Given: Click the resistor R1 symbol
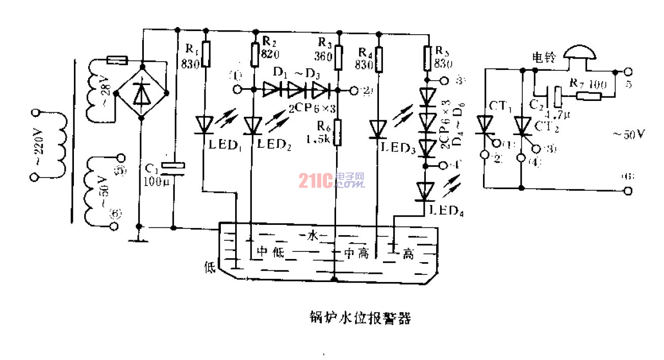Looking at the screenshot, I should tap(206, 55).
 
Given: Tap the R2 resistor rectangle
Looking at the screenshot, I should tap(255, 55).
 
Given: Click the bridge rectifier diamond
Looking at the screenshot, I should tap(141, 93).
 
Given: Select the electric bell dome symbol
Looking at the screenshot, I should tap(580, 53).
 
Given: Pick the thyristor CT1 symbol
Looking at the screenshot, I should tap(483, 125).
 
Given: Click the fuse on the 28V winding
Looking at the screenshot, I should tap(118, 61).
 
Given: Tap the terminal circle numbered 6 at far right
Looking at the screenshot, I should tap(628, 191).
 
